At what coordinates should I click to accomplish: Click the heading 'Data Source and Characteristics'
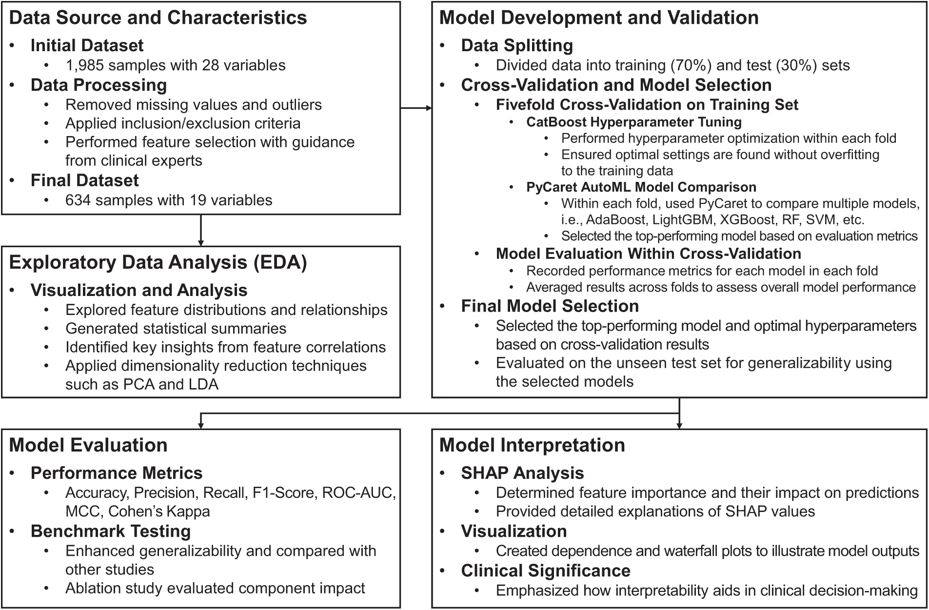[158, 18]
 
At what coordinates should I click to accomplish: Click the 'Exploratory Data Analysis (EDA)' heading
[158, 262]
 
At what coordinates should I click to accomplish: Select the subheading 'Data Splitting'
[517, 46]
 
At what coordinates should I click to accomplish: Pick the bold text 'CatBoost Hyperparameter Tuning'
[633, 122]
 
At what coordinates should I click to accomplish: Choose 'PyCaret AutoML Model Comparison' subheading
[641, 187]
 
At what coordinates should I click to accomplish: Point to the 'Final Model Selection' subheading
[550, 306]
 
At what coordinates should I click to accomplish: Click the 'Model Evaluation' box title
[88, 445]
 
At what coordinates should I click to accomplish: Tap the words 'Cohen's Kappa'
[159, 512]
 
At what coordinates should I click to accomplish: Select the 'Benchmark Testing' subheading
[110, 531]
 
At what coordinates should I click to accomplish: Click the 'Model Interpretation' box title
[532, 445]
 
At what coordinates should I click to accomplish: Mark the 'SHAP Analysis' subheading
[522, 473]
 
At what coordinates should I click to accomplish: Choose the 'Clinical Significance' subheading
[546, 571]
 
